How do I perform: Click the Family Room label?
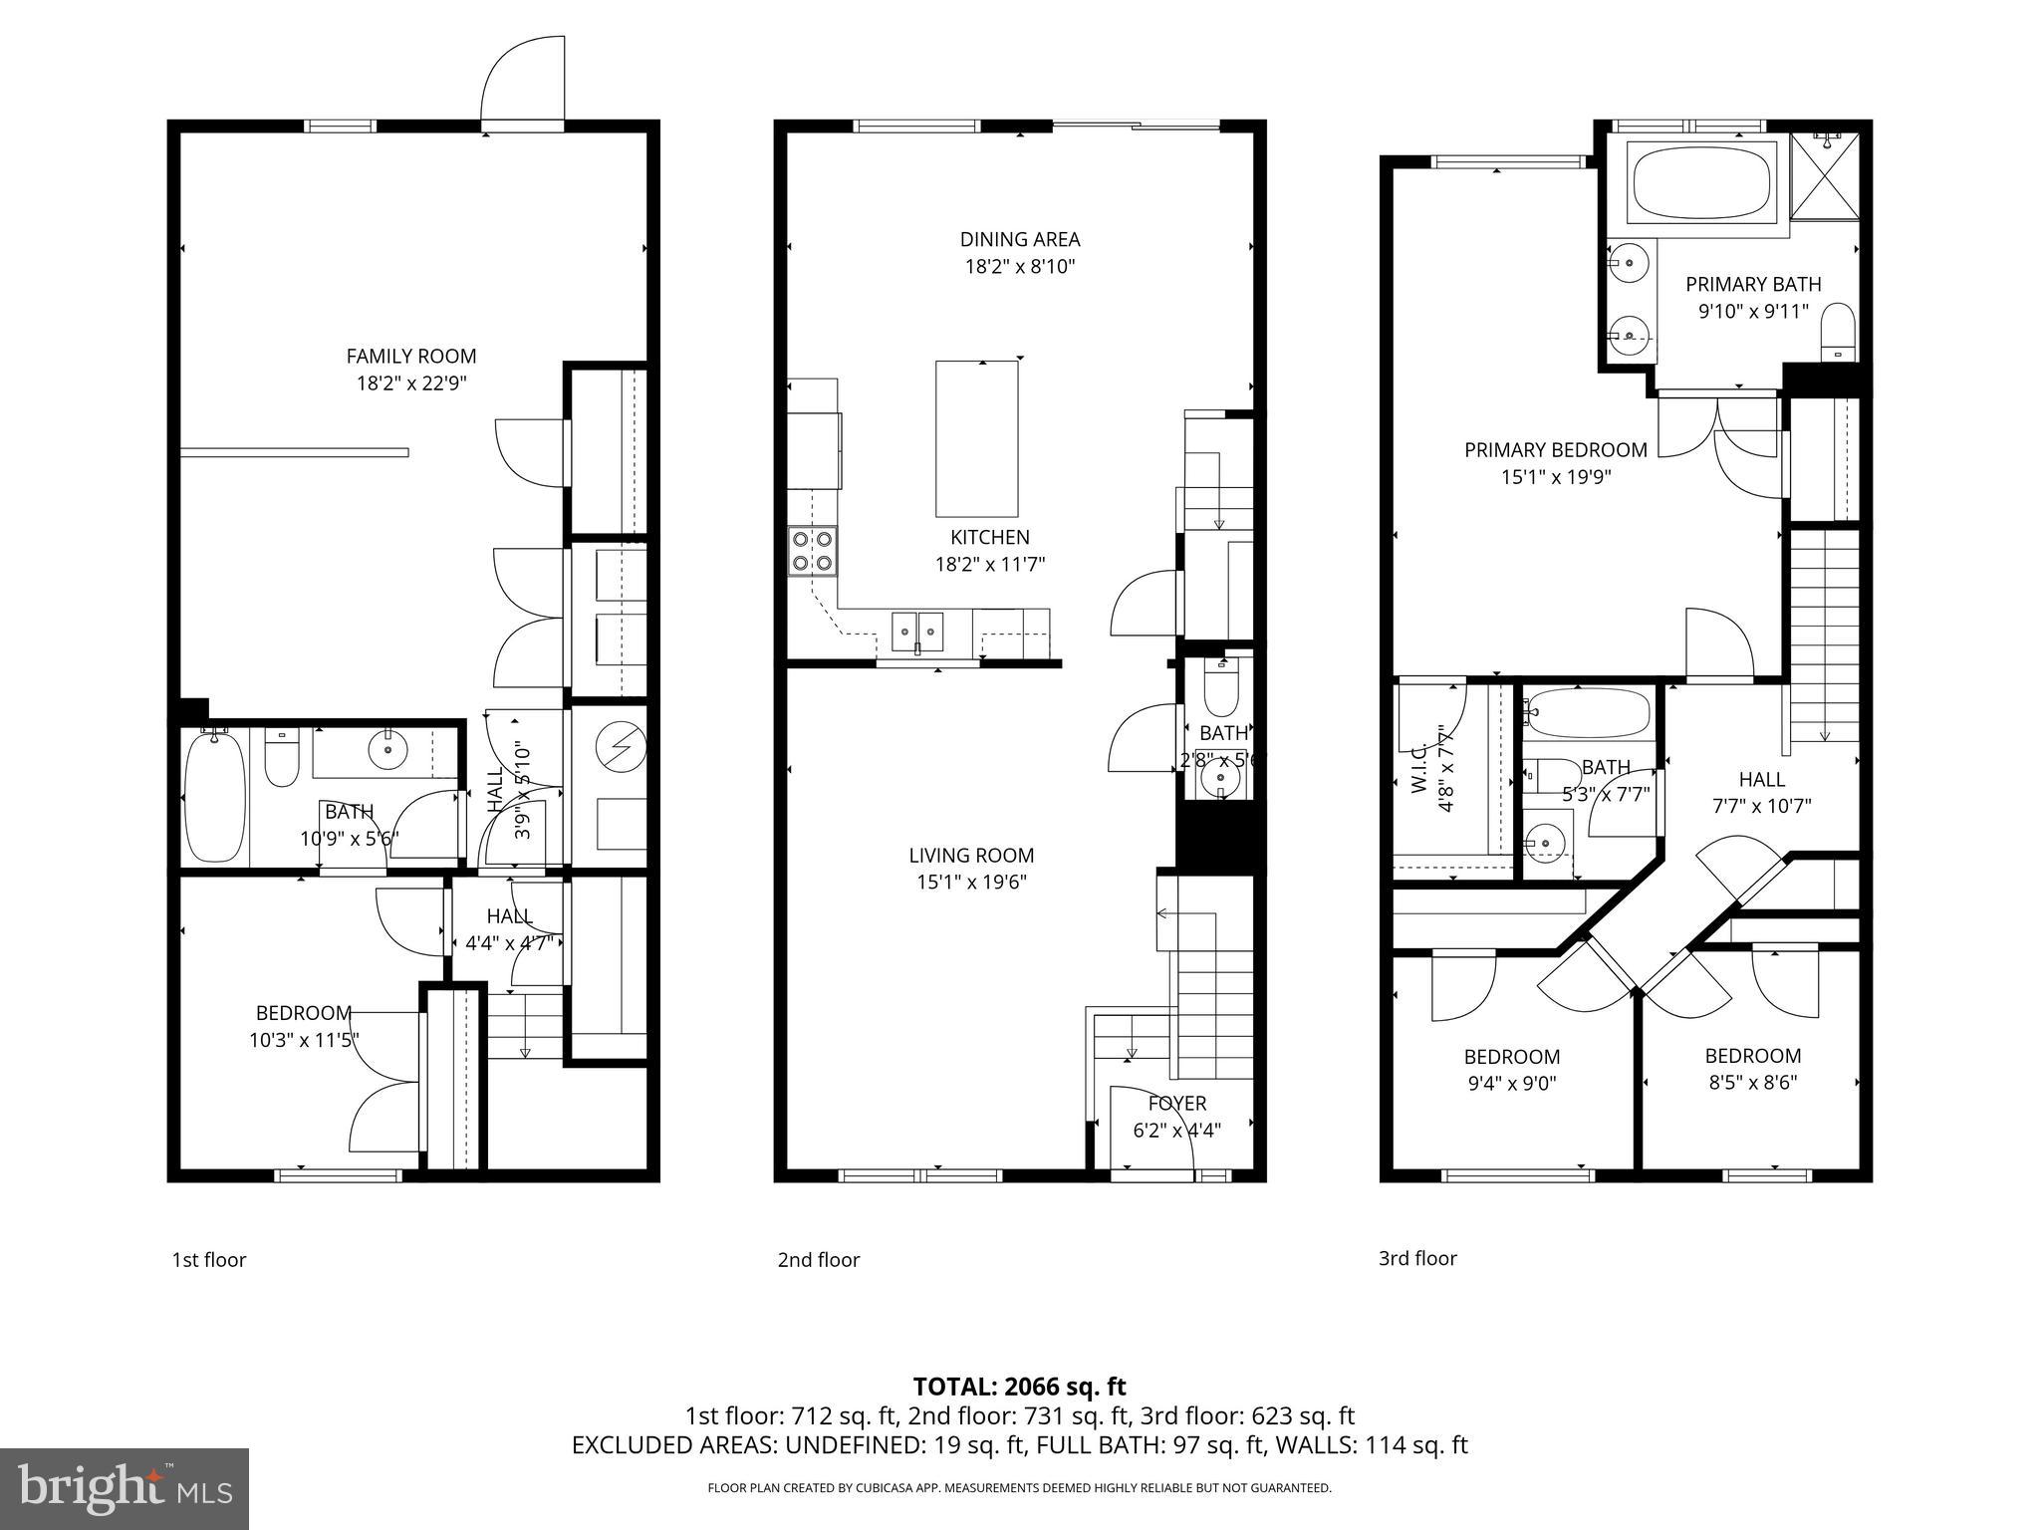point(411,356)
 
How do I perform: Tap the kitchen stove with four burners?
point(812,551)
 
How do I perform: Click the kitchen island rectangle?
point(976,438)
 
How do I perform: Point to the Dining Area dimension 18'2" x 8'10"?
point(1019,267)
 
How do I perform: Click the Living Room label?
point(971,855)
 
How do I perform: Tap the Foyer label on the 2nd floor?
point(1176,1104)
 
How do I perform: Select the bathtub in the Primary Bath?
point(1701,181)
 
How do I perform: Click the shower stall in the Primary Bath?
point(1825,176)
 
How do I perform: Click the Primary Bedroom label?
point(1555,450)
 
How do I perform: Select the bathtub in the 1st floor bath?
point(215,797)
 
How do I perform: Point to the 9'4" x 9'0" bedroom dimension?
point(1511,1083)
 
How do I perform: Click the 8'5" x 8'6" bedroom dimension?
point(1752,1083)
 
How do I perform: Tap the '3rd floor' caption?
point(1416,1258)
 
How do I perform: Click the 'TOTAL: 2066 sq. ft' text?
point(1019,1387)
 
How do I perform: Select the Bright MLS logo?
point(125,1489)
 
